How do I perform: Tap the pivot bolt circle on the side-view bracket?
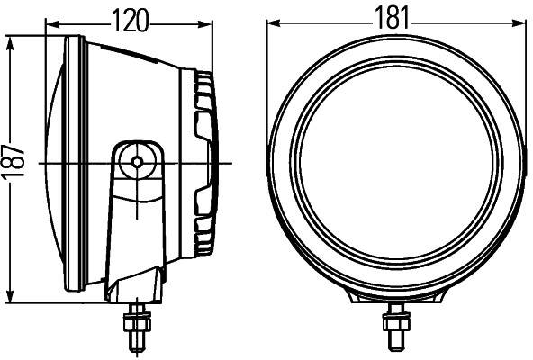tap(138, 161)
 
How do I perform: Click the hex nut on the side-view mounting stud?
tap(138, 317)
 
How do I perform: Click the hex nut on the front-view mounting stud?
tap(393, 317)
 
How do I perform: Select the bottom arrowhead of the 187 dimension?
tap(10, 301)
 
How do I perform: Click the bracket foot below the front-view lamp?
tap(393, 299)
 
